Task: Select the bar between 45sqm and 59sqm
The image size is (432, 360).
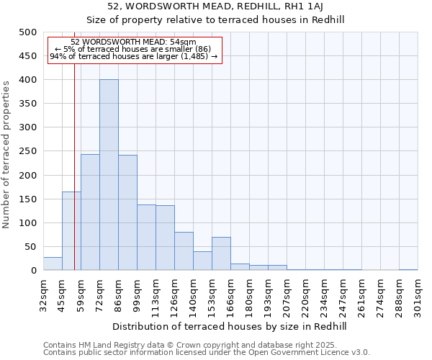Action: [71, 231]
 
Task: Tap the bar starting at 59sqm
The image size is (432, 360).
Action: [90, 212]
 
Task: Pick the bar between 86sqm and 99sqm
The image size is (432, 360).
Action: [127, 213]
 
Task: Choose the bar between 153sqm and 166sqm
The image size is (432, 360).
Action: [221, 253]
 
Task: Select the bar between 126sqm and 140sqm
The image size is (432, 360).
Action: [184, 251]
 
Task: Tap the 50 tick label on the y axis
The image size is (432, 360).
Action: [30, 247]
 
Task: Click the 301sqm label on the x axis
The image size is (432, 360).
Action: [418, 294]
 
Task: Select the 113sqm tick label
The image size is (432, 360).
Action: [156, 294]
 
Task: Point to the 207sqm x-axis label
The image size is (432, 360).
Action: [287, 294]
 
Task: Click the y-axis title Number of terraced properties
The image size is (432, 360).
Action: [7, 155]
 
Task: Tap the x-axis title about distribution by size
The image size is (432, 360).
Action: [230, 326]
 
